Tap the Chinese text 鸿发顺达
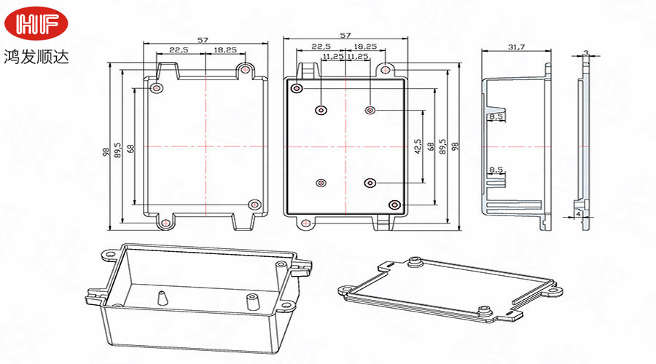[x=36, y=57]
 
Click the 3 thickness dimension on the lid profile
[x=587, y=52]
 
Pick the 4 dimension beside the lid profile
[x=578, y=215]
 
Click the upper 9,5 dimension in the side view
[x=496, y=116]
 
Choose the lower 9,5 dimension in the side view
[x=496, y=170]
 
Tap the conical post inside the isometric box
[x=160, y=298]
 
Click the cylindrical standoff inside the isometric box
[x=252, y=300]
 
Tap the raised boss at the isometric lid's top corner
[x=416, y=262]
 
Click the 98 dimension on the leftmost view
[x=106, y=151]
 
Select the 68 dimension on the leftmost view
[x=130, y=148]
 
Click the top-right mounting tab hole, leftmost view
[x=246, y=70]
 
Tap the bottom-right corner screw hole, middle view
[x=394, y=205]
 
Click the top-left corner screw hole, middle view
[x=297, y=89]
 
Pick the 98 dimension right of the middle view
[x=456, y=146]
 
